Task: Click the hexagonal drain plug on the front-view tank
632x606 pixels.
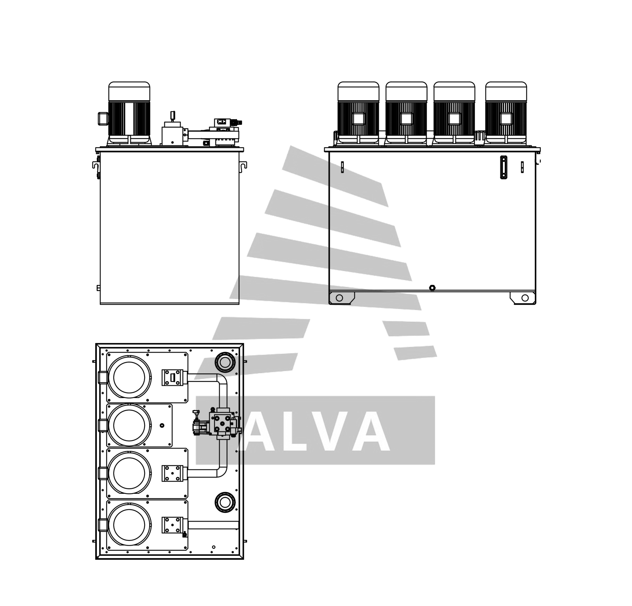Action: tap(432, 288)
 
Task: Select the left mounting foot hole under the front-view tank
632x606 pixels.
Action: tap(339, 298)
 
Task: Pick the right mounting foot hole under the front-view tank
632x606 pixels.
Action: tap(525, 298)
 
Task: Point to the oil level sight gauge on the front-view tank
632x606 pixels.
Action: tap(504, 167)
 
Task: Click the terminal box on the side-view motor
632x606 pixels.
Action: tap(103, 118)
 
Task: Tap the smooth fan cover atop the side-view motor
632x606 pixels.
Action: tap(129, 91)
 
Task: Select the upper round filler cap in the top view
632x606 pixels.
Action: tap(225, 362)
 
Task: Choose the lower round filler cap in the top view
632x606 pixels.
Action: tap(225, 502)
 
